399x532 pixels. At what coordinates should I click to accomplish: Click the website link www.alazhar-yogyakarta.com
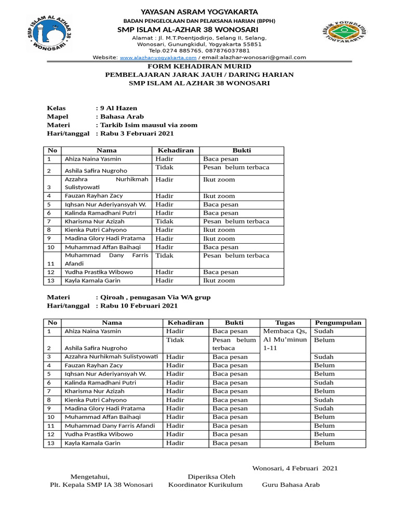click(x=158, y=58)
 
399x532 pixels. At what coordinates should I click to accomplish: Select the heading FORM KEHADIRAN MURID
click(x=199, y=66)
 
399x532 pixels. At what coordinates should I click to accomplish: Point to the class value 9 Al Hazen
click(x=118, y=108)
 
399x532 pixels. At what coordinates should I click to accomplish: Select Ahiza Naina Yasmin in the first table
click(x=93, y=159)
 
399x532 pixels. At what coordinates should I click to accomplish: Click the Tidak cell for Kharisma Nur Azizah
click(x=165, y=221)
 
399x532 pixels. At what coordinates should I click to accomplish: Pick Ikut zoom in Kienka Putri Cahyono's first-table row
click(x=219, y=230)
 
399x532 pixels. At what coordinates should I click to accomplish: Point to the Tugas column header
click(x=285, y=323)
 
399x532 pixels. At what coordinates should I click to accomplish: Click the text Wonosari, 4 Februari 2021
click(x=295, y=468)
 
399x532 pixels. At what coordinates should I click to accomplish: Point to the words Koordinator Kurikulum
click(x=206, y=485)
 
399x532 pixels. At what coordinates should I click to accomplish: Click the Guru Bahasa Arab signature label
click(x=291, y=485)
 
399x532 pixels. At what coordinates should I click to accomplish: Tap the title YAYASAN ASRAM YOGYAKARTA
click(x=199, y=11)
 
